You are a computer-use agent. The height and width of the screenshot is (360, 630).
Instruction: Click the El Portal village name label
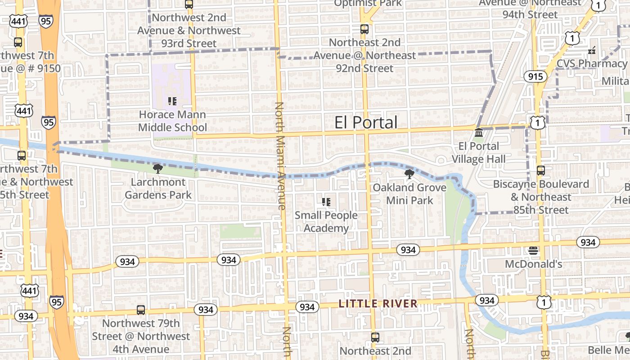366,122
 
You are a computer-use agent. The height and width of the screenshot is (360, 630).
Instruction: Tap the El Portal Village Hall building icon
479,134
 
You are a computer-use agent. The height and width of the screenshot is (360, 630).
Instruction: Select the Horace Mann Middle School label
172,121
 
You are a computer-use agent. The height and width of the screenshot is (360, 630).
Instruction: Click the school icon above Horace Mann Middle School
172,101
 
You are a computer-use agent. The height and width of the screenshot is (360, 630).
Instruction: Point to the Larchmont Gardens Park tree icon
158,169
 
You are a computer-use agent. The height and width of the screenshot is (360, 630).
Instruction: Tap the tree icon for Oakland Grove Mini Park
409,174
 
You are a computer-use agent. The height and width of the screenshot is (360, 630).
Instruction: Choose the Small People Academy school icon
326,202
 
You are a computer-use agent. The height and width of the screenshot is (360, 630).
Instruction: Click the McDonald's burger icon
533,251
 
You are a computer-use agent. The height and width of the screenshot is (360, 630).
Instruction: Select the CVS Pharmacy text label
592,63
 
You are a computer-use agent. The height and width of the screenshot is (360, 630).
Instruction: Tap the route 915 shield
535,76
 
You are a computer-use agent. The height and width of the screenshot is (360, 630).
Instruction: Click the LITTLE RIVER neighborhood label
378,304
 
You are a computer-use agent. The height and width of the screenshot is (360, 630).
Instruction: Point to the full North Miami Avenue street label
280,156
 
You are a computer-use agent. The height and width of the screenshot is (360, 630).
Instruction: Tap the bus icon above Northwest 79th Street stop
141,310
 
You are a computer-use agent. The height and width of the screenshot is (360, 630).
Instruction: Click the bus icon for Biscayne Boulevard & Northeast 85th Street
541,171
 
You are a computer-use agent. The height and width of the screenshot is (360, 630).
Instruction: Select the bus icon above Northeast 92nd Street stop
364,29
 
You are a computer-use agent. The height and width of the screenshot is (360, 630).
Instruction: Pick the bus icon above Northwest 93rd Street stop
189,4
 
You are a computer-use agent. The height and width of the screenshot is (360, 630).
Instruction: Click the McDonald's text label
533,264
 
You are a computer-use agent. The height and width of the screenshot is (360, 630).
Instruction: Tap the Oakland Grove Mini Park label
409,193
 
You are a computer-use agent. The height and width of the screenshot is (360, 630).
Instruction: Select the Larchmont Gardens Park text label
158,189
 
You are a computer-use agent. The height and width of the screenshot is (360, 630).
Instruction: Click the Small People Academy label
326,221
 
